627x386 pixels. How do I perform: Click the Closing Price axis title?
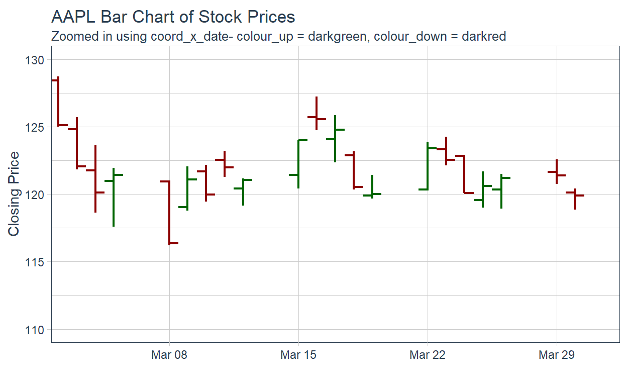point(14,194)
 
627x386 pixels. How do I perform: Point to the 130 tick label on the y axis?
point(35,60)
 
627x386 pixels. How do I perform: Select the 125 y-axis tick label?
point(35,127)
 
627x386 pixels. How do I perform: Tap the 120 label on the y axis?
point(35,195)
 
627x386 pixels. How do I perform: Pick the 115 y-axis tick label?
point(35,262)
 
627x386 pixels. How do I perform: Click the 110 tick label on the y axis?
point(35,330)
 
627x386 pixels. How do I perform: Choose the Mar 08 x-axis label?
point(169,355)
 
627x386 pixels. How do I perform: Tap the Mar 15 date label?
point(298,355)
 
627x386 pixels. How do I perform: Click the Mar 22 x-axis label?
point(428,355)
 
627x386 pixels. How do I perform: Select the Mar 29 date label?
point(557,355)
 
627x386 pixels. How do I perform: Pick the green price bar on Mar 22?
point(428,166)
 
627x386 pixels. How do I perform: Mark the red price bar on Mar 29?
point(557,171)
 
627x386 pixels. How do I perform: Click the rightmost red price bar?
point(575,199)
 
